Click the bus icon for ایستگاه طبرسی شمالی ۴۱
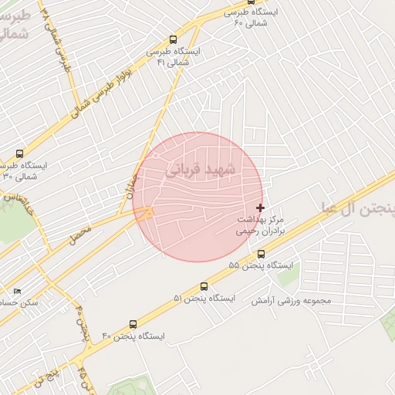tap(173, 39)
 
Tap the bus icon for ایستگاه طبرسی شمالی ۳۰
tap(19, 154)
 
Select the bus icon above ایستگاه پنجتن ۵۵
tap(261, 253)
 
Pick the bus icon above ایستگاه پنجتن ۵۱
tap(204, 286)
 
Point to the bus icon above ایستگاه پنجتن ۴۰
tap(133, 325)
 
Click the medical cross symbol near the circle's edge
tap(260, 207)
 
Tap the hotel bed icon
tap(18, 292)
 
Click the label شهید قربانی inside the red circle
tap(204, 170)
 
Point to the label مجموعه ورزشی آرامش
tap(290, 300)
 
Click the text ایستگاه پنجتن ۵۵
tap(262, 265)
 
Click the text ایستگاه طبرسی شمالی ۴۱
tap(177, 56)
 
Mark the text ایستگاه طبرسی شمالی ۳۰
tap(23, 171)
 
